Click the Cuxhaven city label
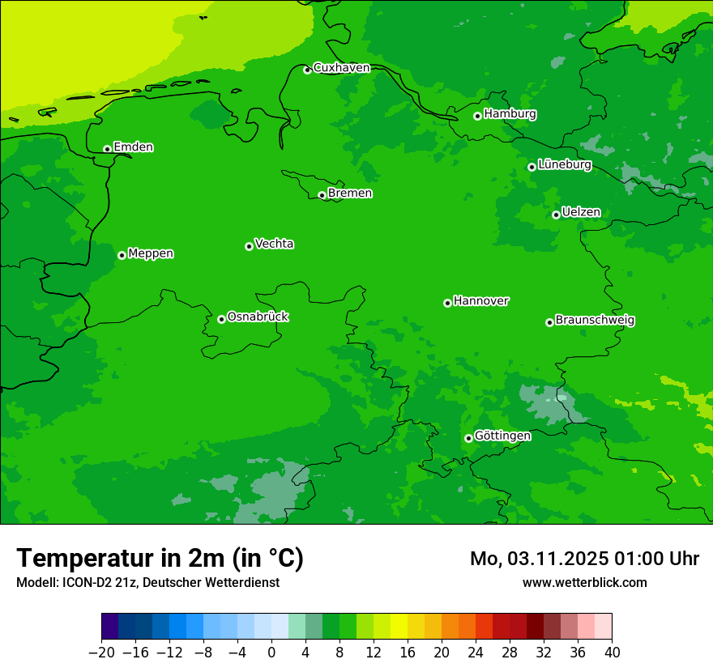[341, 68]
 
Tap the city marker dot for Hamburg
[478, 116]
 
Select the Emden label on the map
[133, 147]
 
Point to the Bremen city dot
[322, 195]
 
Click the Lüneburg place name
[565, 164]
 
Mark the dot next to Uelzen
[557, 215]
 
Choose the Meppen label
[151, 253]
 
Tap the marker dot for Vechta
[249, 246]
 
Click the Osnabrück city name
[258, 317]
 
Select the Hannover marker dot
[447, 303]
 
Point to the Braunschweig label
[595, 320]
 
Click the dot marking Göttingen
[468, 438]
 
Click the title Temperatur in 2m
[160, 558]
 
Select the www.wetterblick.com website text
[584, 582]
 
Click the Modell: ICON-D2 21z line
[147, 582]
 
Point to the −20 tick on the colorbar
[101, 652]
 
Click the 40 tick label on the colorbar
[612, 652]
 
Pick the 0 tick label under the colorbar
[271, 652]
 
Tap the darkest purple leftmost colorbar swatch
[110, 627]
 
